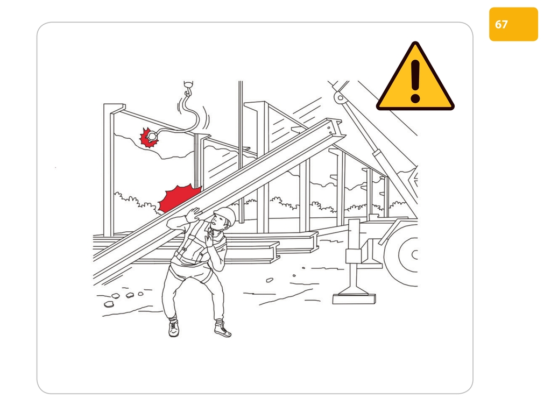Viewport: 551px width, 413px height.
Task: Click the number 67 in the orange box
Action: (x=501, y=24)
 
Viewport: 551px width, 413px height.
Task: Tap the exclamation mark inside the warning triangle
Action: (x=415, y=81)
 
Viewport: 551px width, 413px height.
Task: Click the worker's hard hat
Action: (x=225, y=214)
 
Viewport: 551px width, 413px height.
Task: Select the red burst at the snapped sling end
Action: (x=149, y=137)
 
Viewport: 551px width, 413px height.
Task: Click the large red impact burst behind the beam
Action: (x=179, y=198)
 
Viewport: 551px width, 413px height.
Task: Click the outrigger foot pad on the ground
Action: (x=354, y=298)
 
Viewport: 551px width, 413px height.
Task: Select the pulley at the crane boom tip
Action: (x=340, y=97)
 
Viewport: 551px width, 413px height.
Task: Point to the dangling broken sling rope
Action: (x=179, y=116)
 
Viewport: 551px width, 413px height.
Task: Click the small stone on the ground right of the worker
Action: (x=270, y=280)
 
